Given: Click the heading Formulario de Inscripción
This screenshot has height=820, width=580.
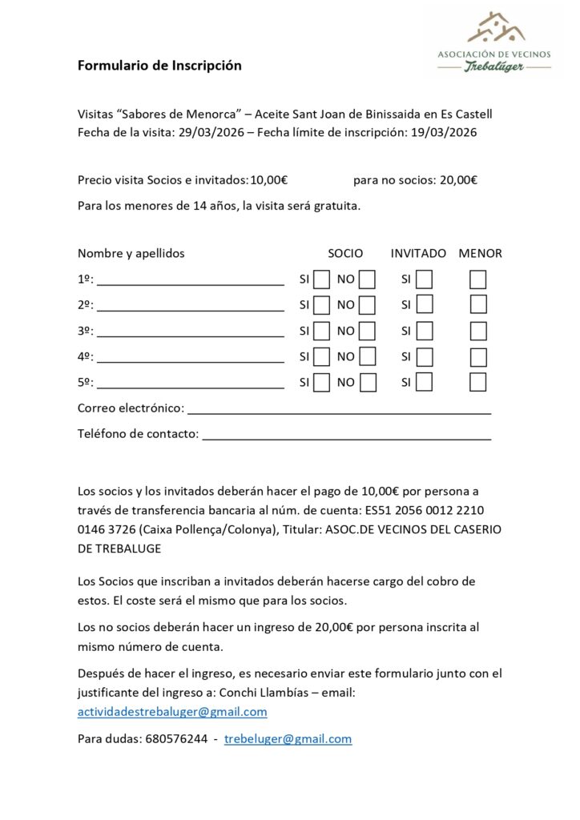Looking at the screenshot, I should point(159,66).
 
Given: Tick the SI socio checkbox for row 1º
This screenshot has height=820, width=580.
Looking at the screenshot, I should point(321,279).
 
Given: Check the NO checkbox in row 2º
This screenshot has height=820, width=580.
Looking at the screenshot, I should point(368,305).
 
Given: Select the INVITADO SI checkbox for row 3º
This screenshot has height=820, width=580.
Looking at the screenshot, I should point(425,331).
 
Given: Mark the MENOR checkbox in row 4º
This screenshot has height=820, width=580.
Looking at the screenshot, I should point(478,356).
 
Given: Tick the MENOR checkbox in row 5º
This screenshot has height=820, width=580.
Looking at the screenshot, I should point(478,382).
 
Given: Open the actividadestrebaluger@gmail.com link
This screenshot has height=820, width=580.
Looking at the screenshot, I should point(172,711).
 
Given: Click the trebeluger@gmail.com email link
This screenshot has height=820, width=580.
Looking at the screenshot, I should point(288,739).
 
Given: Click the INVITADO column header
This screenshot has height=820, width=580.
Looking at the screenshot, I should point(418,253).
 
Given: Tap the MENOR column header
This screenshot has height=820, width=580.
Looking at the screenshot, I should point(480,253).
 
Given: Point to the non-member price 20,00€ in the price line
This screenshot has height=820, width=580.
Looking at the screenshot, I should point(458,180).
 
